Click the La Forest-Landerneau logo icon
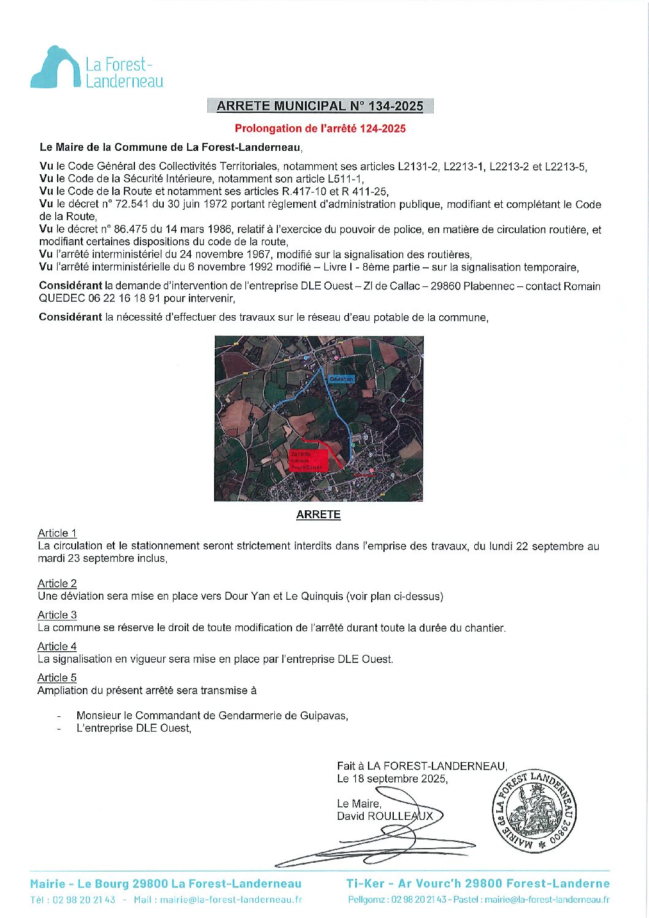[x=55, y=67]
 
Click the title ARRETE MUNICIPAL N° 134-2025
[x=320, y=106]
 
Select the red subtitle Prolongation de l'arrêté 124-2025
[x=320, y=129]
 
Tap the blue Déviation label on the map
[x=341, y=379]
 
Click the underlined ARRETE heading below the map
[x=318, y=515]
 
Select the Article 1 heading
[x=57, y=534]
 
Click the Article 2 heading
[x=57, y=584]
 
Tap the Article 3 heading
[x=57, y=615]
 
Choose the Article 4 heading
[x=57, y=646]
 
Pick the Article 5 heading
[x=57, y=678]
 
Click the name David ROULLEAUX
[x=385, y=816]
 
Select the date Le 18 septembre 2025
[x=392, y=779]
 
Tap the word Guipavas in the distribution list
[x=324, y=716]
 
